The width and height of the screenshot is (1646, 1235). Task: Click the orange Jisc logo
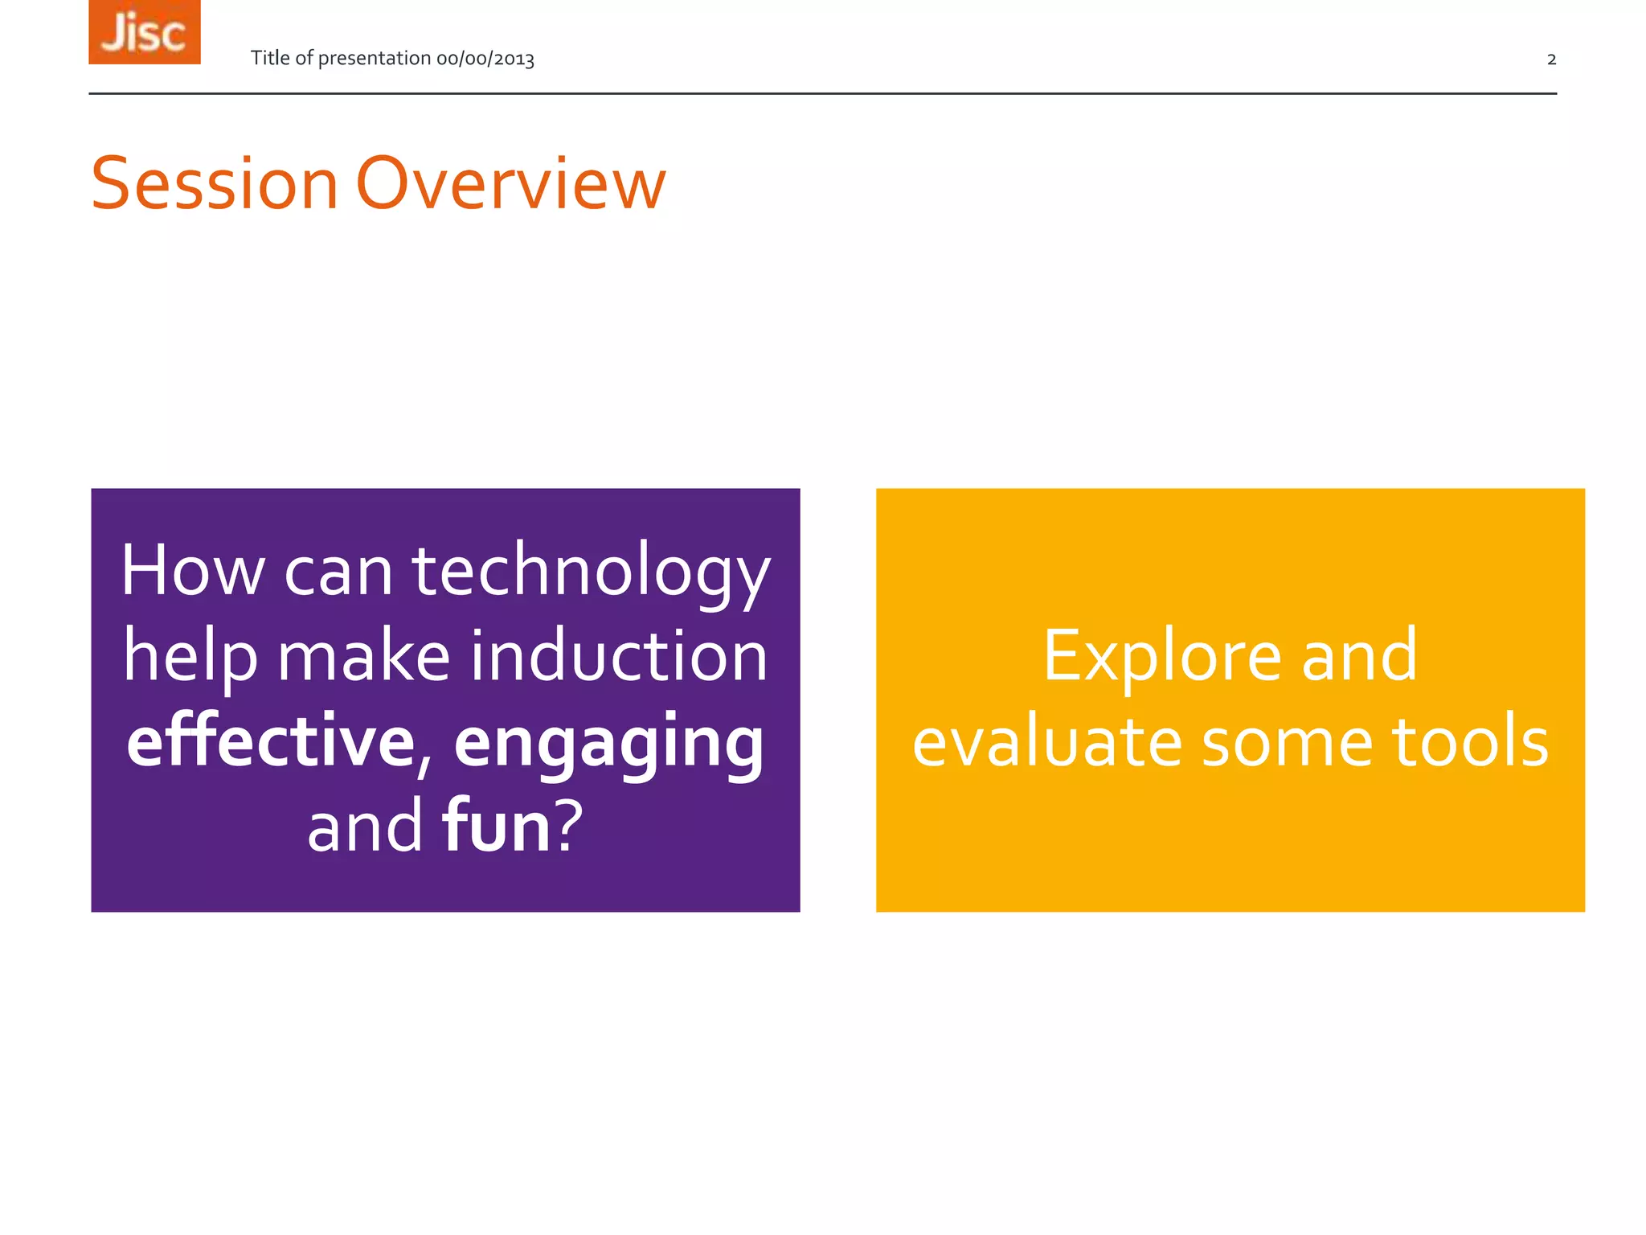click(x=145, y=32)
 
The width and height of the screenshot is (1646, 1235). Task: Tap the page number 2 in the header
click(x=1551, y=59)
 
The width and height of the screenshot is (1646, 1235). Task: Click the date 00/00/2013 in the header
click(x=485, y=59)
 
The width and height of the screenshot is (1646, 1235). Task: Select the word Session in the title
click(x=215, y=184)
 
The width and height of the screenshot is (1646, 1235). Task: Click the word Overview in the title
click(x=511, y=184)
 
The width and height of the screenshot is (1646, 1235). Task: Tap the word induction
click(x=619, y=656)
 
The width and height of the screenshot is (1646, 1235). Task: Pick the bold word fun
click(x=496, y=827)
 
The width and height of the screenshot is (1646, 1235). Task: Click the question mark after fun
click(x=569, y=827)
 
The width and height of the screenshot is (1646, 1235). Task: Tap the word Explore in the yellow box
click(x=1161, y=658)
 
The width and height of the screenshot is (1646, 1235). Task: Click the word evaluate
click(x=1046, y=742)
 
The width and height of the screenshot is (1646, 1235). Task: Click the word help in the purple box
click(x=190, y=658)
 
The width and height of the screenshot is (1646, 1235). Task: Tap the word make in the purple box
click(x=363, y=656)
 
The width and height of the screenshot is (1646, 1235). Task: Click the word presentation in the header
click(x=375, y=59)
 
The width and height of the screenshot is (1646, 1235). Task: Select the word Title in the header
click(x=270, y=58)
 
